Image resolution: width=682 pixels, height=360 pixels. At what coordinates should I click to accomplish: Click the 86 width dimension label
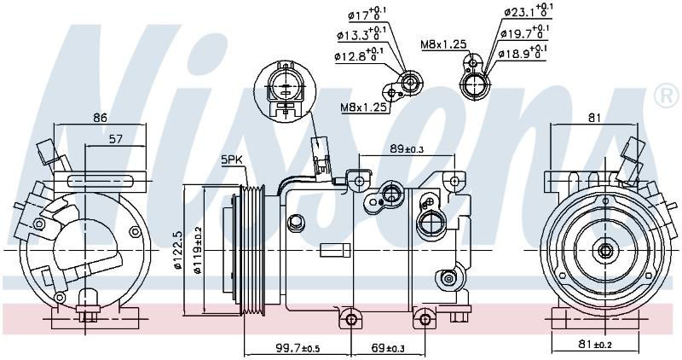(100, 118)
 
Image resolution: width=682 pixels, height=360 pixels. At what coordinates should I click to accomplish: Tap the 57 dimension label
(116, 139)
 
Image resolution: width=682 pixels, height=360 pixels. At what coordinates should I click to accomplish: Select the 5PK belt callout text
(231, 160)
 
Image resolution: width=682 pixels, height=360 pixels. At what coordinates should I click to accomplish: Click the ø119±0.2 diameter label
(198, 250)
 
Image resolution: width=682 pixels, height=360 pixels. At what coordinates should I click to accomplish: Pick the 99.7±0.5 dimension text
(298, 348)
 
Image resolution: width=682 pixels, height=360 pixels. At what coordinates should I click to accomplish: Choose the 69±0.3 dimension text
(389, 348)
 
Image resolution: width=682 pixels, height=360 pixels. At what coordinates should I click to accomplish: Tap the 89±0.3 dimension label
(407, 149)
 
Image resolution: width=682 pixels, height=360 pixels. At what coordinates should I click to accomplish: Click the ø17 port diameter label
(367, 15)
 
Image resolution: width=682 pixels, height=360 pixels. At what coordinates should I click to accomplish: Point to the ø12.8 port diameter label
(359, 55)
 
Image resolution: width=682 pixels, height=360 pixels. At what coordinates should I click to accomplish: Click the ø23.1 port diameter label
(528, 11)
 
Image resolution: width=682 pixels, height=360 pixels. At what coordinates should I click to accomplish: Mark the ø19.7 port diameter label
(524, 32)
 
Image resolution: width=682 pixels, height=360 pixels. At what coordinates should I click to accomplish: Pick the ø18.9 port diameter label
(522, 53)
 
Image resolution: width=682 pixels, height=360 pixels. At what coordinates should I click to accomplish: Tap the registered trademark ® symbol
(666, 96)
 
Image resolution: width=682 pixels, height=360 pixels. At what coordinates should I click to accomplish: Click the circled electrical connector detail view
(285, 90)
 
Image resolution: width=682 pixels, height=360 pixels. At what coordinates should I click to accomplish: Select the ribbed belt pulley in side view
(252, 250)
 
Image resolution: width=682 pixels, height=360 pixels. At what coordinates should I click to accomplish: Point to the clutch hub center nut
(605, 250)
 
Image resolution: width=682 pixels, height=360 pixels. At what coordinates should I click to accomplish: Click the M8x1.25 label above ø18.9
(443, 44)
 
